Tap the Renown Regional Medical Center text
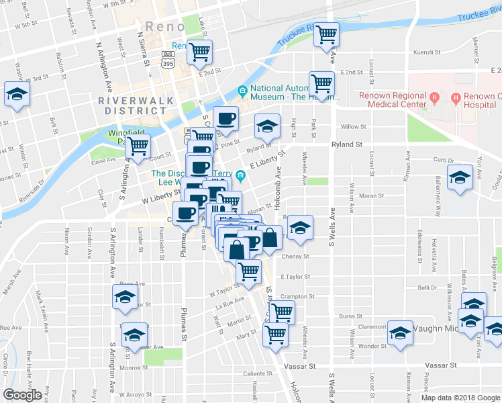[x=392, y=100]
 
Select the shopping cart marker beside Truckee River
[x=326, y=34]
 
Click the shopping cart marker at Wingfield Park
[x=138, y=146]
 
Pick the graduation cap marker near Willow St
[x=267, y=126]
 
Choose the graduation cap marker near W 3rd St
[x=16, y=94]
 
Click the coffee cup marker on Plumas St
[x=185, y=214]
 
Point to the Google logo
[x=22, y=395]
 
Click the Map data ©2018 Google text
[x=460, y=398]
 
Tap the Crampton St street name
[x=299, y=296]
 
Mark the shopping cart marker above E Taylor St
[x=248, y=271]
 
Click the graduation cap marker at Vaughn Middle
[x=401, y=332]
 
